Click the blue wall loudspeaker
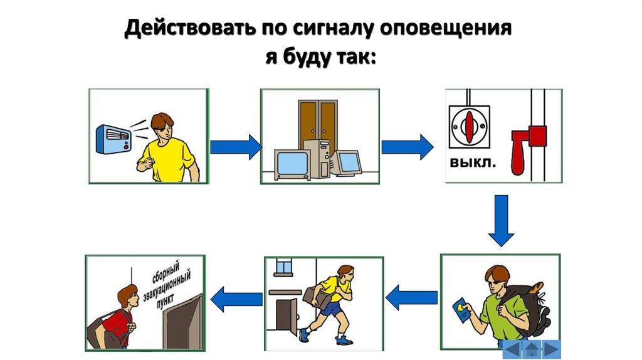[x=112, y=138]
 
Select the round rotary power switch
[x=469, y=125]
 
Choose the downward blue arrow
[x=501, y=220]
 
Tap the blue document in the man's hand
[x=461, y=309]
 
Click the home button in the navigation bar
[x=532, y=349]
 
